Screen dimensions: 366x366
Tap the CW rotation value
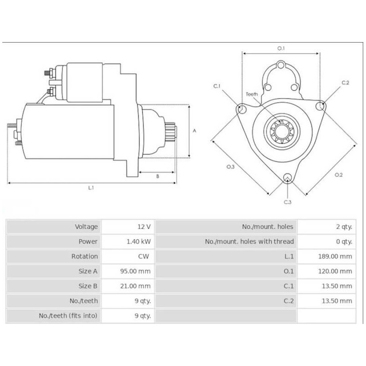point(144,256)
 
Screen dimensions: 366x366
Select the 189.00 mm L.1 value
point(335,256)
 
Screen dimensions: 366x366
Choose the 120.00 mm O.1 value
point(335,271)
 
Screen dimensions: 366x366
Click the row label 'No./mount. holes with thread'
point(249,242)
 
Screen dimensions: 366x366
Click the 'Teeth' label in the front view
point(252,94)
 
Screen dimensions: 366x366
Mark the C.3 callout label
point(287,202)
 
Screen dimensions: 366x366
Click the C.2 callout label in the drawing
point(345,83)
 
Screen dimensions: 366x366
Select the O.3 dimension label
point(230,167)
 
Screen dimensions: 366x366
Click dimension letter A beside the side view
point(194,130)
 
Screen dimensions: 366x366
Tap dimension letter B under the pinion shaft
point(157,176)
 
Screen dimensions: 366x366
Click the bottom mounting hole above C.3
point(287,178)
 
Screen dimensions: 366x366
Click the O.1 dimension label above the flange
point(281,48)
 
